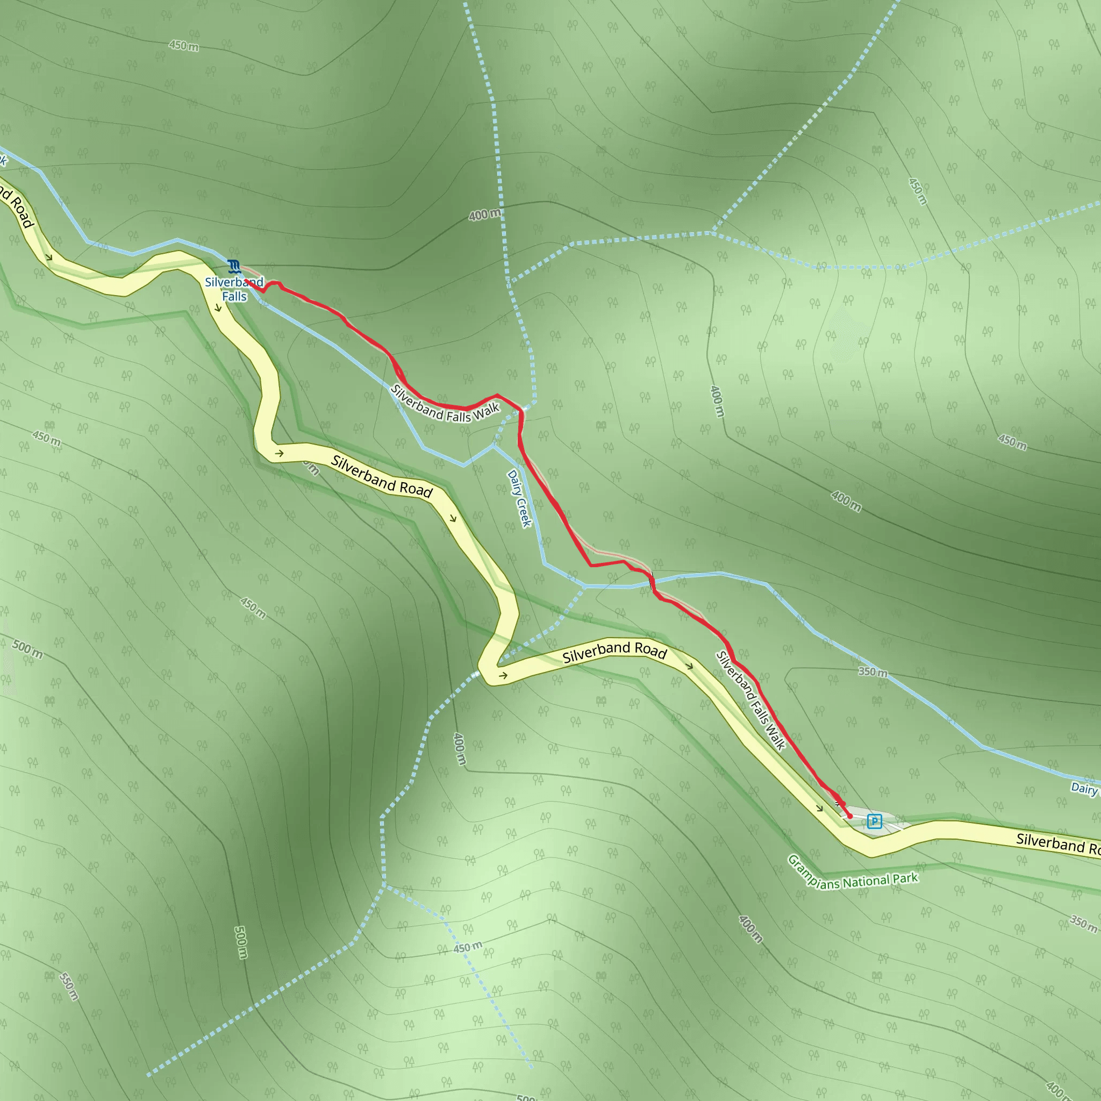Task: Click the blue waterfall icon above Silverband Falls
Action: tap(233, 266)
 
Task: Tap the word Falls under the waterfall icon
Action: tap(234, 296)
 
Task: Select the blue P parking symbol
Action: tap(874, 821)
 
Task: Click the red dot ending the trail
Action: tap(850, 816)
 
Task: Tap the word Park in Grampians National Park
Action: tap(905, 877)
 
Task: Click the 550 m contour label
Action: tap(68, 986)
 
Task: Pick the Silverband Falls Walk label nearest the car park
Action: tap(750, 700)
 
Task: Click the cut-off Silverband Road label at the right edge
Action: tap(1057, 843)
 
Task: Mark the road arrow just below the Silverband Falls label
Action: tap(218, 308)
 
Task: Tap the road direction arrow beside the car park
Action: tap(819, 808)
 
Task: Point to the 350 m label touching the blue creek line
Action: tap(873, 672)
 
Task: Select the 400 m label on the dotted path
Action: tap(485, 215)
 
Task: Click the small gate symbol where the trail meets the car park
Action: tap(839, 804)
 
